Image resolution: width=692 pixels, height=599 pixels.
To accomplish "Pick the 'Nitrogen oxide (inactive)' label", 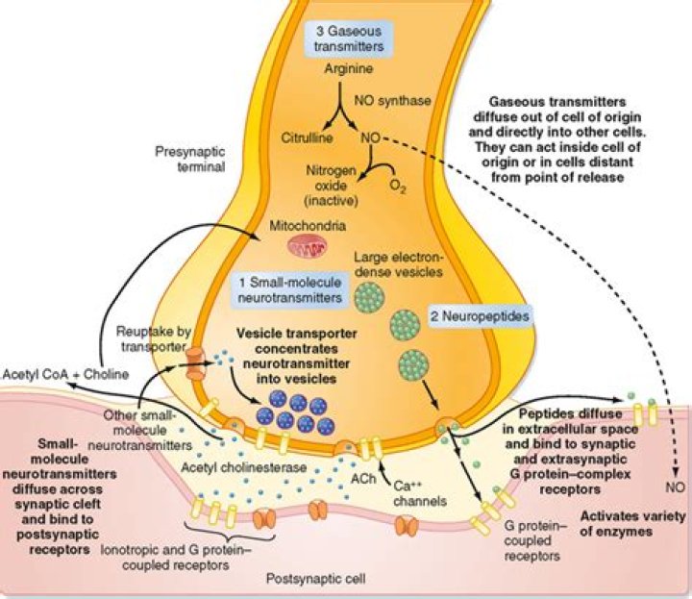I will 350,187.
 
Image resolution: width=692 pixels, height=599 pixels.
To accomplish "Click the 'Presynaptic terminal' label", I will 185,159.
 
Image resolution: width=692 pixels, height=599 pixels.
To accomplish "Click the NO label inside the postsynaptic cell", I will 674,487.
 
